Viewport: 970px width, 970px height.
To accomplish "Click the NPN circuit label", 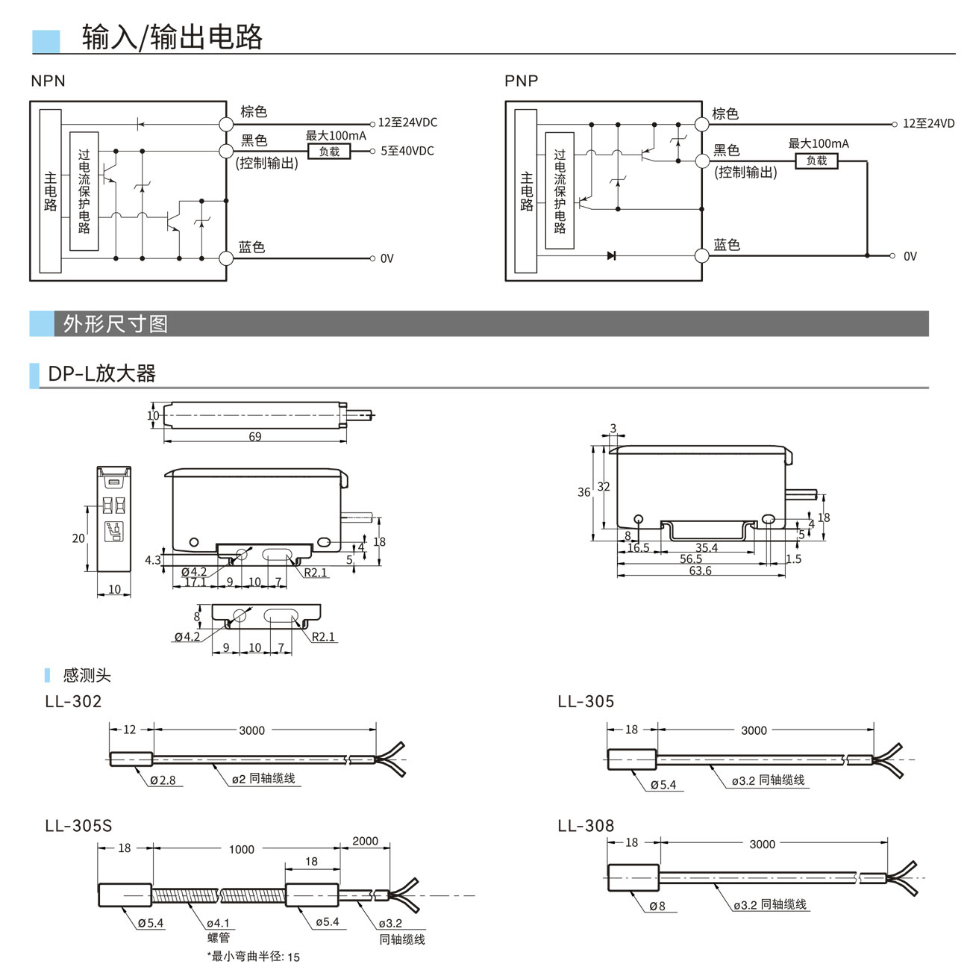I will click(48, 81).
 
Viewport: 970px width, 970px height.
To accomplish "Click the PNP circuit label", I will click(521, 81).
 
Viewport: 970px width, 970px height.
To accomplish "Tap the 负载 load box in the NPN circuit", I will click(329, 152).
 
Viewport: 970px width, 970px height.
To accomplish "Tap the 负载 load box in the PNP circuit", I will click(816, 161).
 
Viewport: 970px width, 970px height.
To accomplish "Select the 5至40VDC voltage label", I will click(407, 151).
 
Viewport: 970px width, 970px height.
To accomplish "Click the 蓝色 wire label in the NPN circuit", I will click(252, 247).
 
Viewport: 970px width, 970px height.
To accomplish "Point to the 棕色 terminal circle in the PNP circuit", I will click(701, 124).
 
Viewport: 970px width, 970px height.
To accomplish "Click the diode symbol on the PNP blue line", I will click(611, 255).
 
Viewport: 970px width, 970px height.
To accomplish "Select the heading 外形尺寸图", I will click(116, 324).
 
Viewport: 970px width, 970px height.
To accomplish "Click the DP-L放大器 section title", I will click(101, 373).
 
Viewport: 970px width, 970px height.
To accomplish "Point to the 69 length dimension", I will click(255, 437).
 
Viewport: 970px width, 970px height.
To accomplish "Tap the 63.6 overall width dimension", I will click(700, 571).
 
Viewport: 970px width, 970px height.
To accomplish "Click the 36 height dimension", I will click(583, 492).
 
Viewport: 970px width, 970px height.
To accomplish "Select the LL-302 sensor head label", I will click(73, 701).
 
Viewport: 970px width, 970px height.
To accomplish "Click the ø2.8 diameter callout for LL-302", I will click(163, 780).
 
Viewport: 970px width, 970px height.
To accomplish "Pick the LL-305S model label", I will click(78, 825).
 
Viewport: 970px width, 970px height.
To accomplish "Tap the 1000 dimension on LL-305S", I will click(241, 849).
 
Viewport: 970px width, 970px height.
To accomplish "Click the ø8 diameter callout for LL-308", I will click(657, 906).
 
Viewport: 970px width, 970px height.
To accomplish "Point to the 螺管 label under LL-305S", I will click(219, 938).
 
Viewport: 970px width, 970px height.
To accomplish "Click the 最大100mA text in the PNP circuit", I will click(819, 143).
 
